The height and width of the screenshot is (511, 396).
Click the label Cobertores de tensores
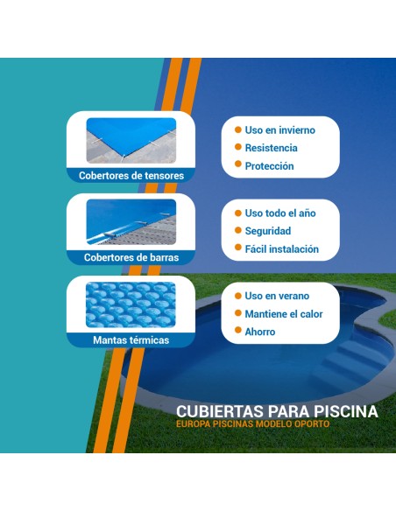(x=131, y=175)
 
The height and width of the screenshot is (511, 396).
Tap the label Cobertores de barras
(x=131, y=257)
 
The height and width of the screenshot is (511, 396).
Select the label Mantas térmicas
(x=131, y=339)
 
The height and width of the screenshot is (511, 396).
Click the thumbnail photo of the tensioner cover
(x=131, y=140)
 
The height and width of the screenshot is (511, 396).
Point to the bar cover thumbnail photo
(x=131, y=222)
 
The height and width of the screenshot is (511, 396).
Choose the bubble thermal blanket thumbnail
(x=131, y=304)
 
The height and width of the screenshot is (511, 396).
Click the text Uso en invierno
(x=279, y=130)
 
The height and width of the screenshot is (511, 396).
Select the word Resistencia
(x=271, y=148)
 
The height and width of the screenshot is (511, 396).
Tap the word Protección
(x=269, y=166)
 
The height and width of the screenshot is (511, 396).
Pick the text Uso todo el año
(x=280, y=213)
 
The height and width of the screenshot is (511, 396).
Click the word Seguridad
(x=268, y=231)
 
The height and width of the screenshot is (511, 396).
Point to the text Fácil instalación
(x=281, y=249)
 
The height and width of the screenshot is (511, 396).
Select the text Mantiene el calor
(x=284, y=314)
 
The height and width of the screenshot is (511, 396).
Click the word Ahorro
(x=260, y=332)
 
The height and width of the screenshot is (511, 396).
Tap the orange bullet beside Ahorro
(x=237, y=332)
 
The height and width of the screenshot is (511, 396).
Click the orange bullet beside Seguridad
(x=237, y=231)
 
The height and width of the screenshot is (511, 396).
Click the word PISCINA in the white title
(x=349, y=411)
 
